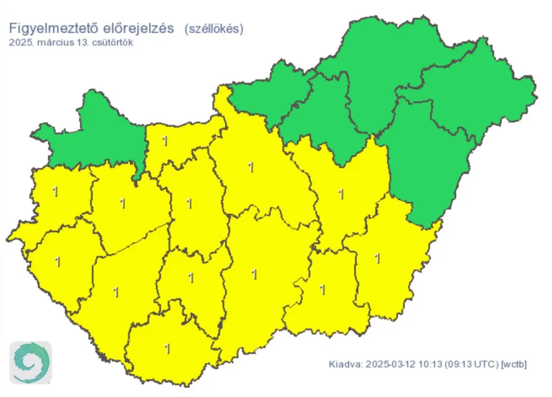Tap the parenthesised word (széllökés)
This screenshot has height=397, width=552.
(x=214, y=29)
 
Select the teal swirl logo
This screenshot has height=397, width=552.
(x=30, y=363)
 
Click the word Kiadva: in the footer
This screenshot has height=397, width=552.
(x=344, y=364)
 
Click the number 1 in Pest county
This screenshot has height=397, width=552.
(x=250, y=167)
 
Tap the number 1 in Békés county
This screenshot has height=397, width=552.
(x=377, y=258)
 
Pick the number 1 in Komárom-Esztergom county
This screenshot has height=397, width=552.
(x=164, y=141)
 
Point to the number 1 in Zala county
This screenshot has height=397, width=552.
(x=57, y=262)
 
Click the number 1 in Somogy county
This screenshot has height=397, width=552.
(x=116, y=292)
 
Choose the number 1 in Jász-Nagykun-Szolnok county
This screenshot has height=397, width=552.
(x=340, y=195)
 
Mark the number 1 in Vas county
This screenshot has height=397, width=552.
(x=55, y=191)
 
